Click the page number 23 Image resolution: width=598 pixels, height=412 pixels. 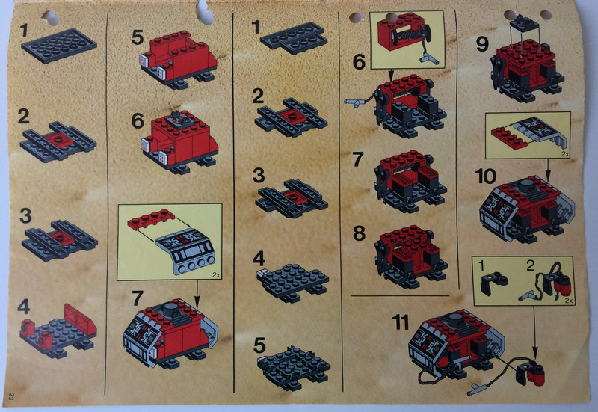click(10, 396)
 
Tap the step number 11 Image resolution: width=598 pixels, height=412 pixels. click(400, 322)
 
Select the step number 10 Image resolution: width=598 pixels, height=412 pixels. click(485, 176)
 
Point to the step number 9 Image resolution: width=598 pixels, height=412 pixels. click(482, 44)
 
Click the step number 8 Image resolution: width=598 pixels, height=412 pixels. click(359, 233)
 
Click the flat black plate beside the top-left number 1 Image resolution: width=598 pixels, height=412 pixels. click(59, 45)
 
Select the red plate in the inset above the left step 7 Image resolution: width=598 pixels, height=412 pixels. click(152, 218)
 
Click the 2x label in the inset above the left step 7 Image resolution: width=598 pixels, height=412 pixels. click(216, 274)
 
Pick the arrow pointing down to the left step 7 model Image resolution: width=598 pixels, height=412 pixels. click(197, 295)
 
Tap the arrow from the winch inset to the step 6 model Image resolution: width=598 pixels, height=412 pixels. click(390, 76)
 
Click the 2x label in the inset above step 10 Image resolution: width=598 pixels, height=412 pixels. click(565, 154)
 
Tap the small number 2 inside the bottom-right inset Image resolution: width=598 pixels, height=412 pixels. click(530, 265)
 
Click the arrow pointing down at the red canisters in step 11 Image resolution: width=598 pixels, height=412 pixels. click(534, 332)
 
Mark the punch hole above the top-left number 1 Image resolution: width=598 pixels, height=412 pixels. click(51, 17)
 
